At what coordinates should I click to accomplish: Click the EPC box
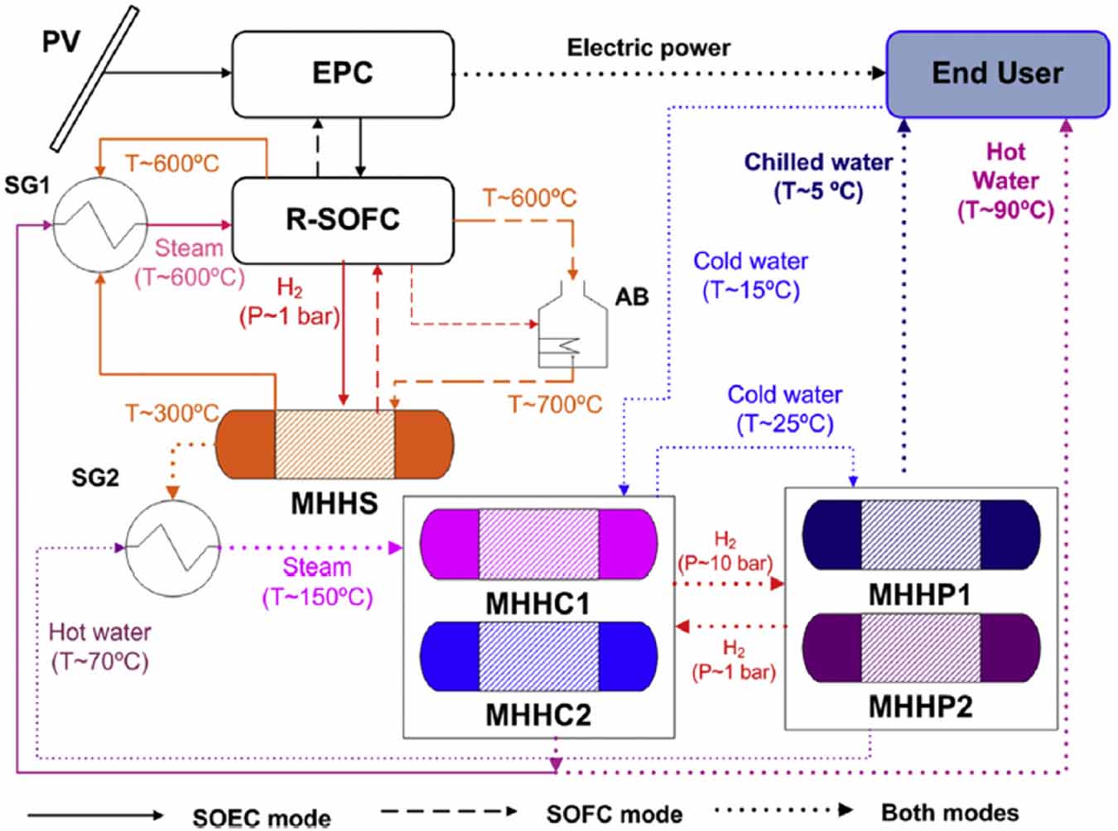(342, 74)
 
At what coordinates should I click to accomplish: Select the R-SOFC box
(342, 219)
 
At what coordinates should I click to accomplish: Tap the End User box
(997, 74)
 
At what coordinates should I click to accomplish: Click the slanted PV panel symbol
(94, 79)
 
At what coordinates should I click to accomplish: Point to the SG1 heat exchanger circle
(100, 224)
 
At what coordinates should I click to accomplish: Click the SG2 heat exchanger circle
(172, 548)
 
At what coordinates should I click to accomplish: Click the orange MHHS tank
(334, 444)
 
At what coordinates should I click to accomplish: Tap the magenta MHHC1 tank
(538, 545)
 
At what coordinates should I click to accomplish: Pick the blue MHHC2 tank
(538, 656)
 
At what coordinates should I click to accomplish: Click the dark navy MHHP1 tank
(920, 535)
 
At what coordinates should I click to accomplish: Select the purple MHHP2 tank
(920, 647)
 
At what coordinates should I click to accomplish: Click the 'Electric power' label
(648, 48)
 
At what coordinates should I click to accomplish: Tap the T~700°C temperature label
(554, 405)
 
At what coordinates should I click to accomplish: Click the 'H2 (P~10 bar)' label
(725, 553)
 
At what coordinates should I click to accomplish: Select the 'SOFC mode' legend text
(614, 814)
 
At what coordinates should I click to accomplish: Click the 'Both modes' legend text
(949, 813)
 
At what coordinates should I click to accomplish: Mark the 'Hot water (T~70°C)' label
(99, 646)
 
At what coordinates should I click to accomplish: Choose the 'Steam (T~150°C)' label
(317, 582)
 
